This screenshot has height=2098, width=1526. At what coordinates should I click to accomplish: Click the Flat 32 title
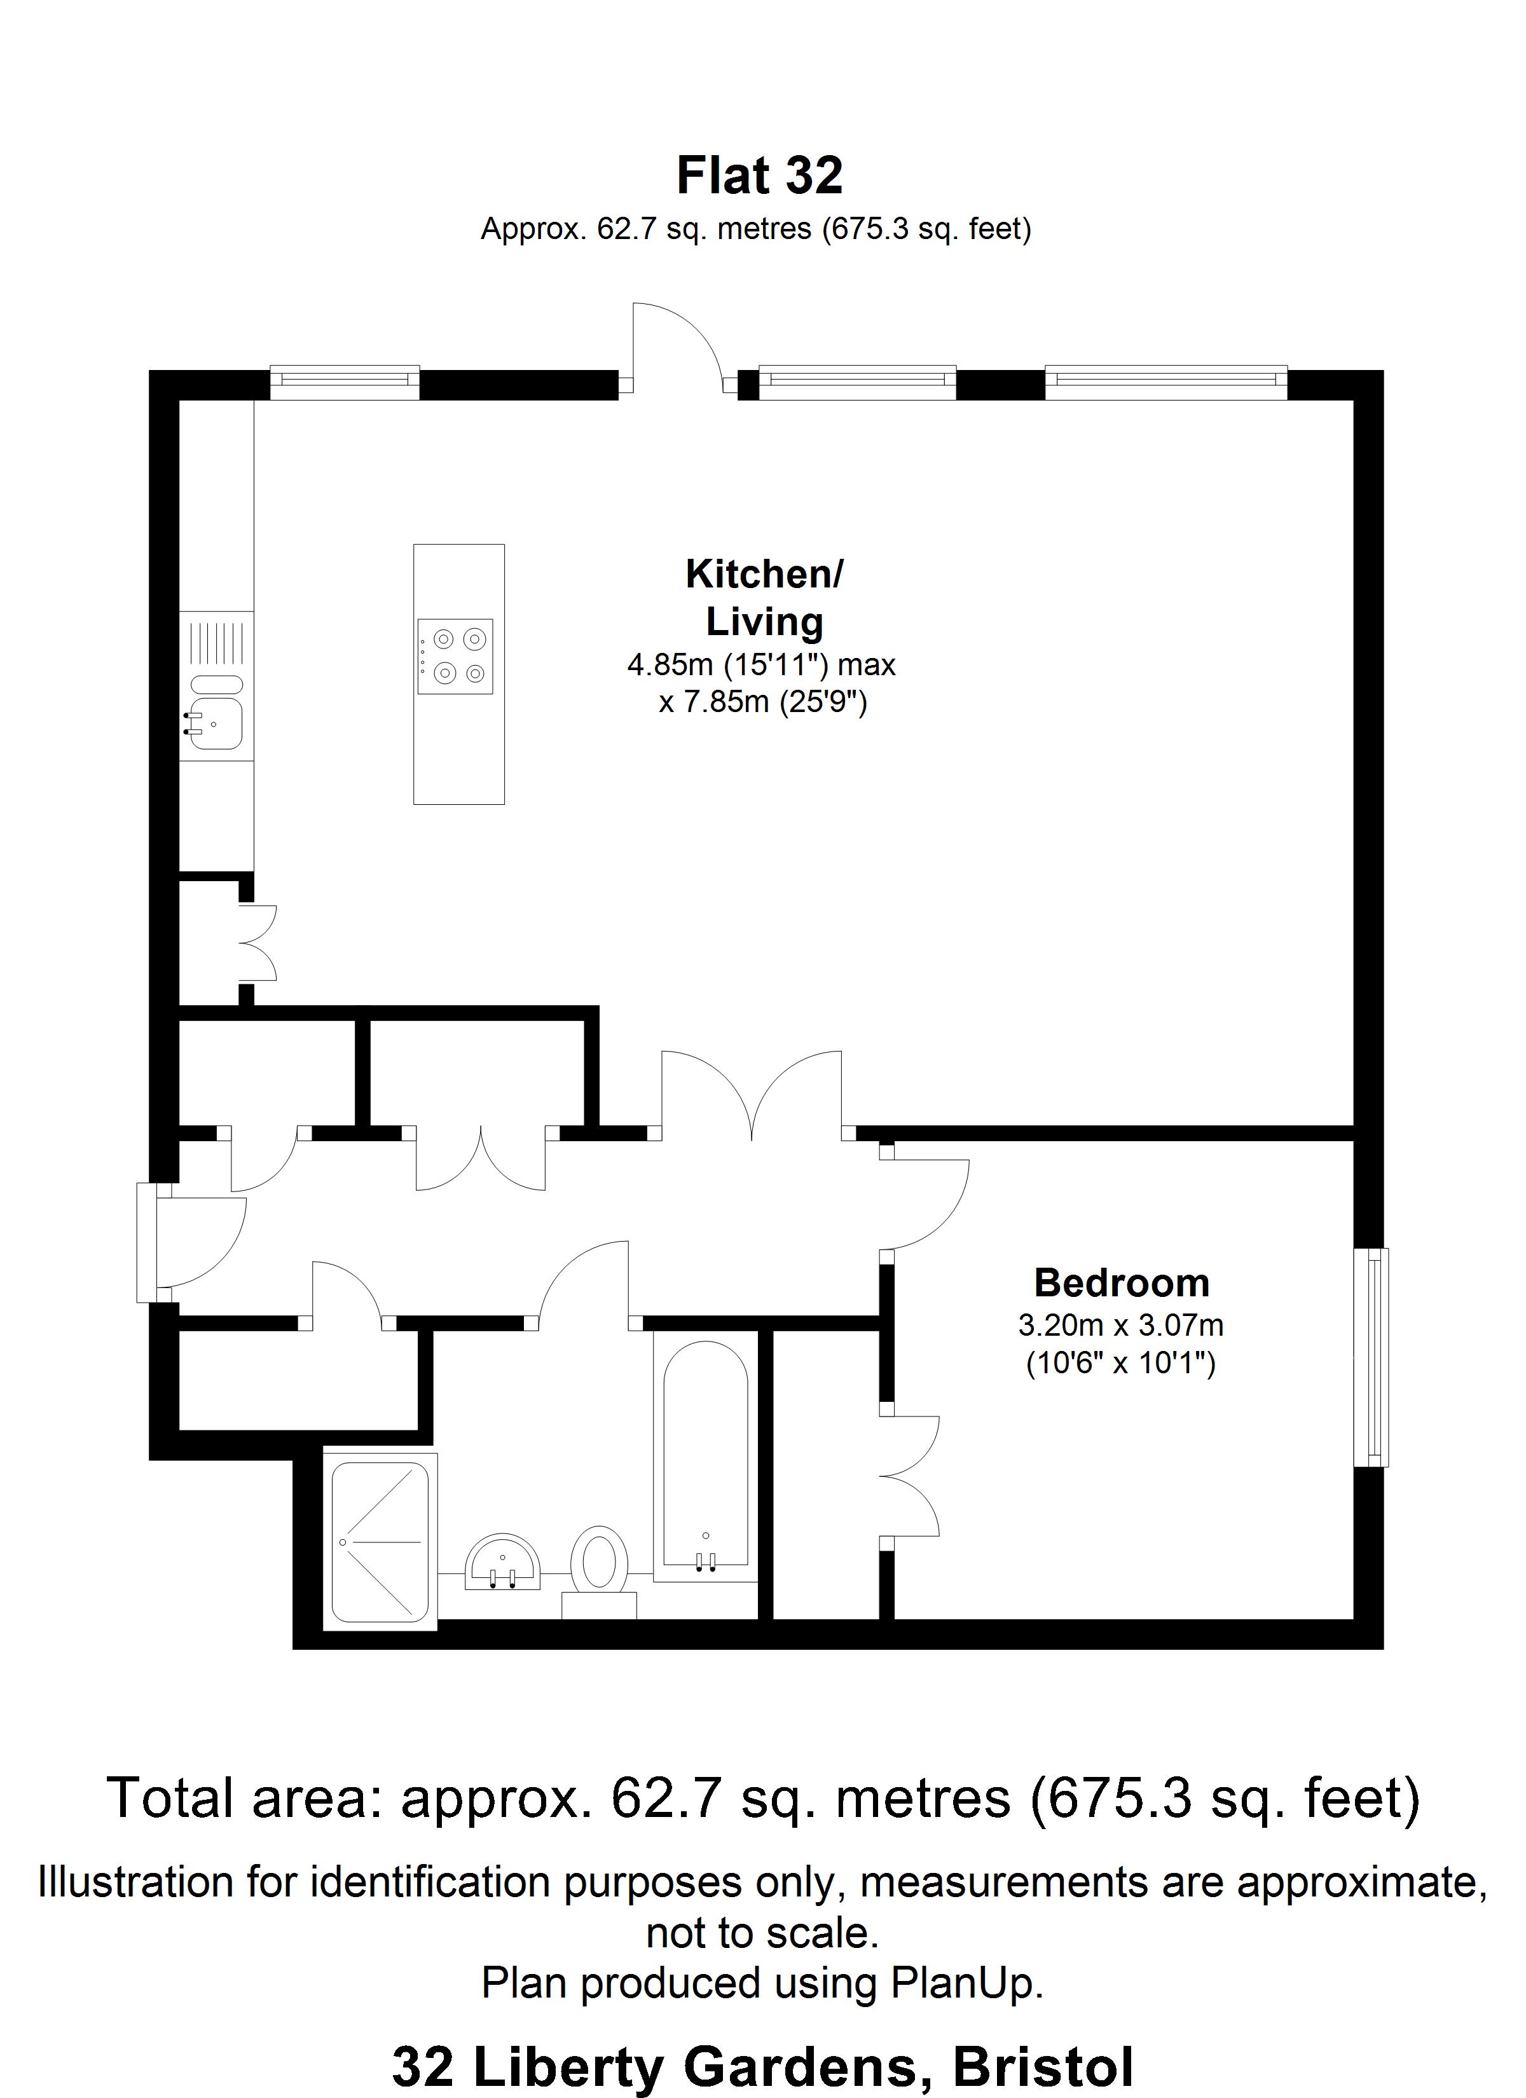tap(760, 175)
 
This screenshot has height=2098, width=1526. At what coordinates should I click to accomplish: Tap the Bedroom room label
tap(1122, 1283)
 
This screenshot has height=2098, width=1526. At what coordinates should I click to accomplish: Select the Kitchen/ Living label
tap(764, 598)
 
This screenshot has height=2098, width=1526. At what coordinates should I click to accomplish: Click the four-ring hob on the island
tap(455, 657)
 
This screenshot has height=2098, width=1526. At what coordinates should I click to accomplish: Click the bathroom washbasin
tap(502, 1561)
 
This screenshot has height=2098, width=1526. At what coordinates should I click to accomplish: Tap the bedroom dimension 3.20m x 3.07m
tap(1121, 1326)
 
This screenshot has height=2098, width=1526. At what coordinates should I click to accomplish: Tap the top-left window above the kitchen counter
tap(344, 382)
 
